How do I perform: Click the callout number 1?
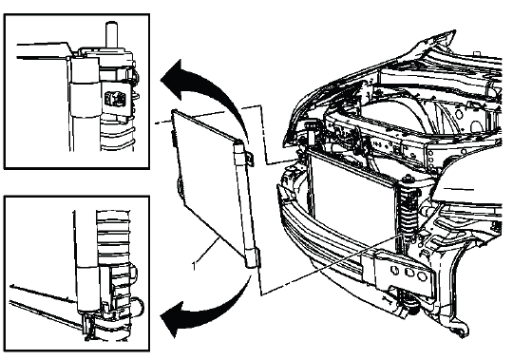pos(195,265)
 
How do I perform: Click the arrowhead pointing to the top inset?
pos(174,79)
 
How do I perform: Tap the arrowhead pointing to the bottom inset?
pos(174,319)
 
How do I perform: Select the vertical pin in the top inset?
pos(111,35)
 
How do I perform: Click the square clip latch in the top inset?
pos(115,98)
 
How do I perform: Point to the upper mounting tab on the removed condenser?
pos(250,159)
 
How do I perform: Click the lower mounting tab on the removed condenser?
pos(258,257)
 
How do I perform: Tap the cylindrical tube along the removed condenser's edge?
pos(245,204)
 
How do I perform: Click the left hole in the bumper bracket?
pos(395,271)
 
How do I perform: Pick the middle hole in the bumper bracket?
pos(408,273)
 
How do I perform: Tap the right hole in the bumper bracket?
pos(423,276)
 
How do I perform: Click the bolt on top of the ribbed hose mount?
pos(408,180)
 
